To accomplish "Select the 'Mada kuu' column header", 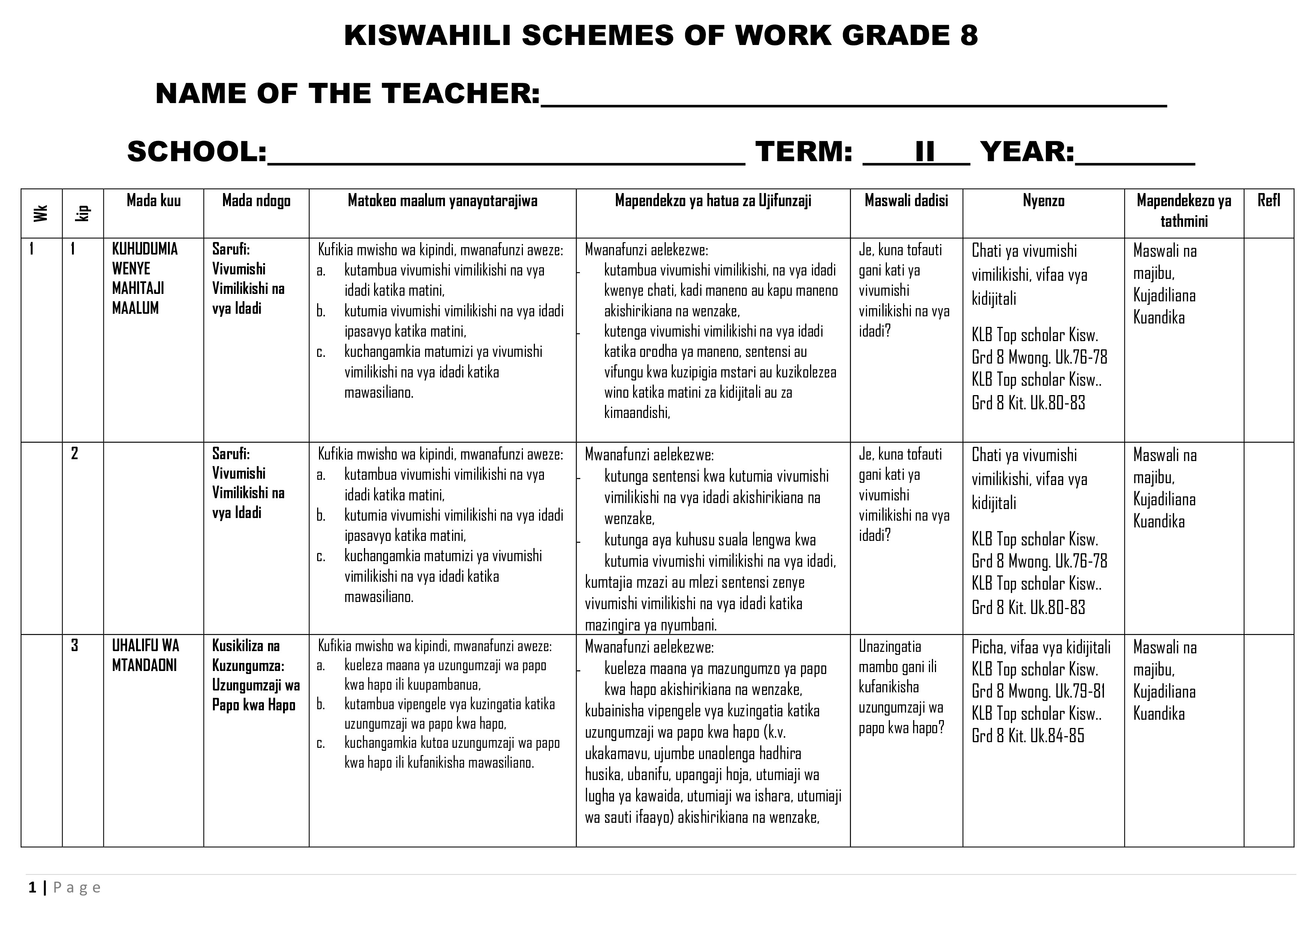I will pos(153,201).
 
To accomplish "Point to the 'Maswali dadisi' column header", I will pos(906,201).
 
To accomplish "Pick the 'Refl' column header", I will pos(1268,201).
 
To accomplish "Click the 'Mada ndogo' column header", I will pos(256,201).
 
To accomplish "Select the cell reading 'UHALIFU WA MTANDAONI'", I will pos(145,656).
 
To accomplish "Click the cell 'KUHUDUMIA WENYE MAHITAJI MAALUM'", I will pos(145,278).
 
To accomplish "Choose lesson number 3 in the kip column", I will pos(75,645).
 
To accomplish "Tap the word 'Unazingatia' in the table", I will pos(890,647).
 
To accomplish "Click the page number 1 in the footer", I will pos(33,888).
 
